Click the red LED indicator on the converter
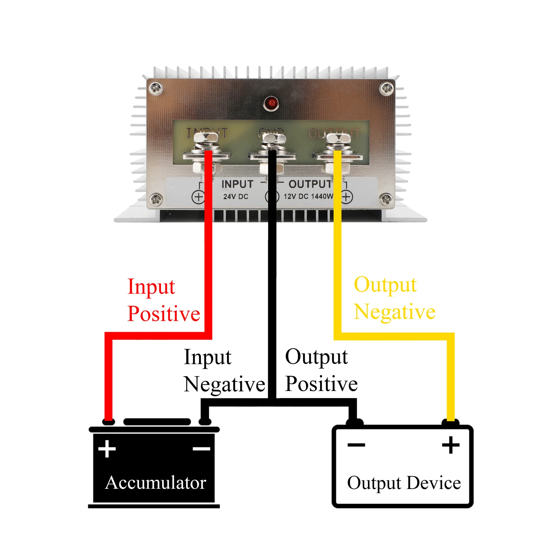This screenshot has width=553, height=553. click(x=271, y=103)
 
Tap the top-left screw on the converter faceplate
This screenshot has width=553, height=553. click(x=156, y=88)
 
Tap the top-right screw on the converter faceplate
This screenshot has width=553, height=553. click(x=386, y=88)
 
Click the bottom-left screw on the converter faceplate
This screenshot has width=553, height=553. click(x=156, y=199)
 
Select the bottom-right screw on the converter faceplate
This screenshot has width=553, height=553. click(x=386, y=199)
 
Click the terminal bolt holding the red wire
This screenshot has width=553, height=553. click(x=206, y=139)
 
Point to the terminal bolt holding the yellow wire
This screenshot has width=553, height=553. click(x=338, y=139)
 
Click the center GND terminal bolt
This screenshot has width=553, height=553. click(x=273, y=139)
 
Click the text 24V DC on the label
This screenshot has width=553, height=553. click(x=235, y=197)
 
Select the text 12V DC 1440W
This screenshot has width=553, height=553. click(x=308, y=196)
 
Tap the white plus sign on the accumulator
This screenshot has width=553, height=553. click(x=107, y=449)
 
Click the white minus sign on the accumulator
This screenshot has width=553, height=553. click(x=201, y=449)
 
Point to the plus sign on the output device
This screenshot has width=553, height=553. click(x=451, y=445)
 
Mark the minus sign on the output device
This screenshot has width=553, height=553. click(x=356, y=445)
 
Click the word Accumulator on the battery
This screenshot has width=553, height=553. click(x=156, y=482)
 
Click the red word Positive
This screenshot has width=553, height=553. click(x=163, y=313)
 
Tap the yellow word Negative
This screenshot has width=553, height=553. click(x=394, y=312)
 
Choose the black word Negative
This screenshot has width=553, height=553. click(x=224, y=384)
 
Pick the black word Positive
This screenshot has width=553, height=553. click(x=321, y=384)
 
